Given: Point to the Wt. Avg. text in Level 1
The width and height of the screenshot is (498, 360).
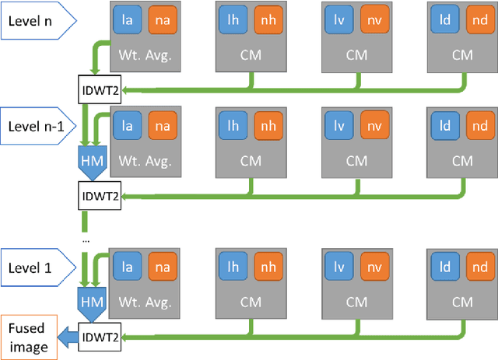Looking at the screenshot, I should pyautogui.click(x=145, y=302).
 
